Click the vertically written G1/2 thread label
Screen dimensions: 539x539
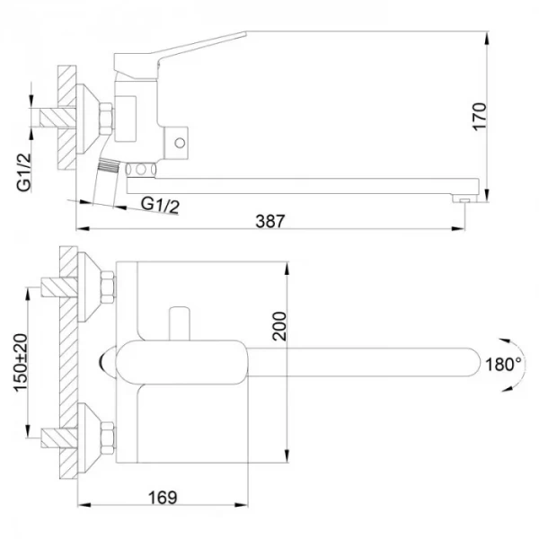(x=25, y=172)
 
